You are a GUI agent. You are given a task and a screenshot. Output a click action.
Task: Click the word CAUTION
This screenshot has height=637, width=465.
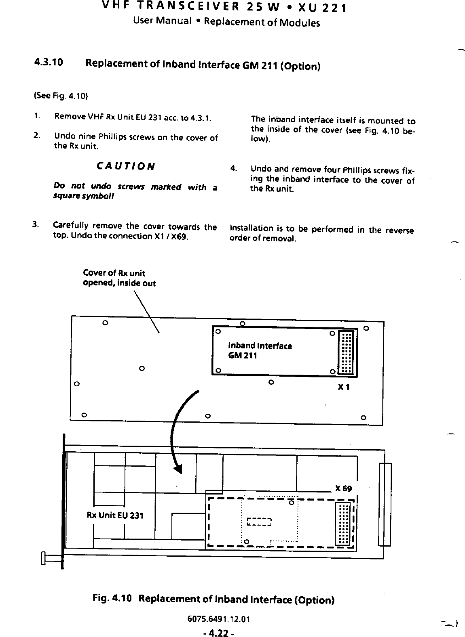125,166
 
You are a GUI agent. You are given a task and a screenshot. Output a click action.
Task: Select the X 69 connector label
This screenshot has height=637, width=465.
344,489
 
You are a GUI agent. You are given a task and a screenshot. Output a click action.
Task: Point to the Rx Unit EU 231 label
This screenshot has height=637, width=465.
115,515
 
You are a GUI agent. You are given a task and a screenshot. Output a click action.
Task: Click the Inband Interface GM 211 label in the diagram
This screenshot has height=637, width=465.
260,351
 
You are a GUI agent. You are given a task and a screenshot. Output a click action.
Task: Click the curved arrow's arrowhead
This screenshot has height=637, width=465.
178,469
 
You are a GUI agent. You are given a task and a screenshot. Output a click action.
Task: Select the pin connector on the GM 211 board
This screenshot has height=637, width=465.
347,352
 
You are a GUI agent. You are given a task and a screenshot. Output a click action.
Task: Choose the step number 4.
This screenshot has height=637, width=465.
233,168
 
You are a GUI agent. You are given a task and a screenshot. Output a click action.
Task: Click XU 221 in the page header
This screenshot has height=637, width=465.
319,8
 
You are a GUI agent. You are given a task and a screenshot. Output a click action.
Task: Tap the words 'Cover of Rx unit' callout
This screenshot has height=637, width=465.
114,273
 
